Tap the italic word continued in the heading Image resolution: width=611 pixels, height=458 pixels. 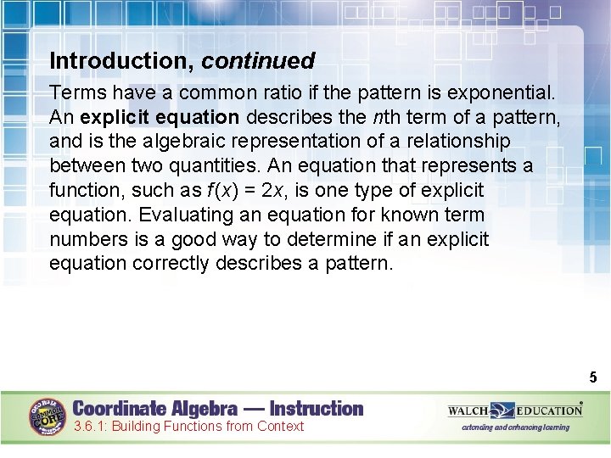pos(258,61)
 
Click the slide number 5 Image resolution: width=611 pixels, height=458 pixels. pos(592,377)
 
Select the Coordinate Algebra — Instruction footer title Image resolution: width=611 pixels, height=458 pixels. pos(218,409)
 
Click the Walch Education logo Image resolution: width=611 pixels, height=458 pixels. pos(515,411)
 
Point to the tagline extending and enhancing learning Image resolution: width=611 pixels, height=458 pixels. pos(515,427)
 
